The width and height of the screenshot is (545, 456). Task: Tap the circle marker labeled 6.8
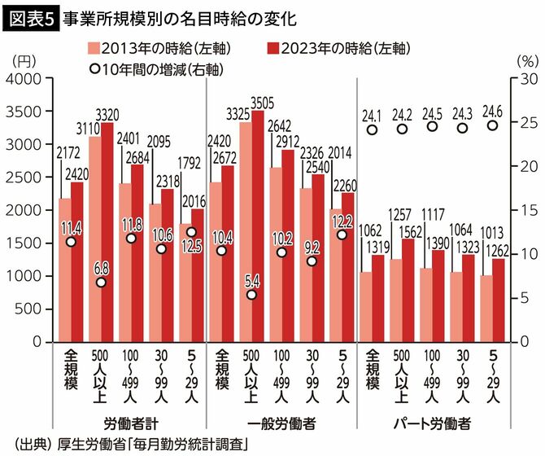click(x=100, y=283)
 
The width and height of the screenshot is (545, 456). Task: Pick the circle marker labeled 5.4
click(x=251, y=295)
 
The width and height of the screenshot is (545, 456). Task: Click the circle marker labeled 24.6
click(x=492, y=125)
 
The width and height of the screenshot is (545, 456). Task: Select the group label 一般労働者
click(x=279, y=424)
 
